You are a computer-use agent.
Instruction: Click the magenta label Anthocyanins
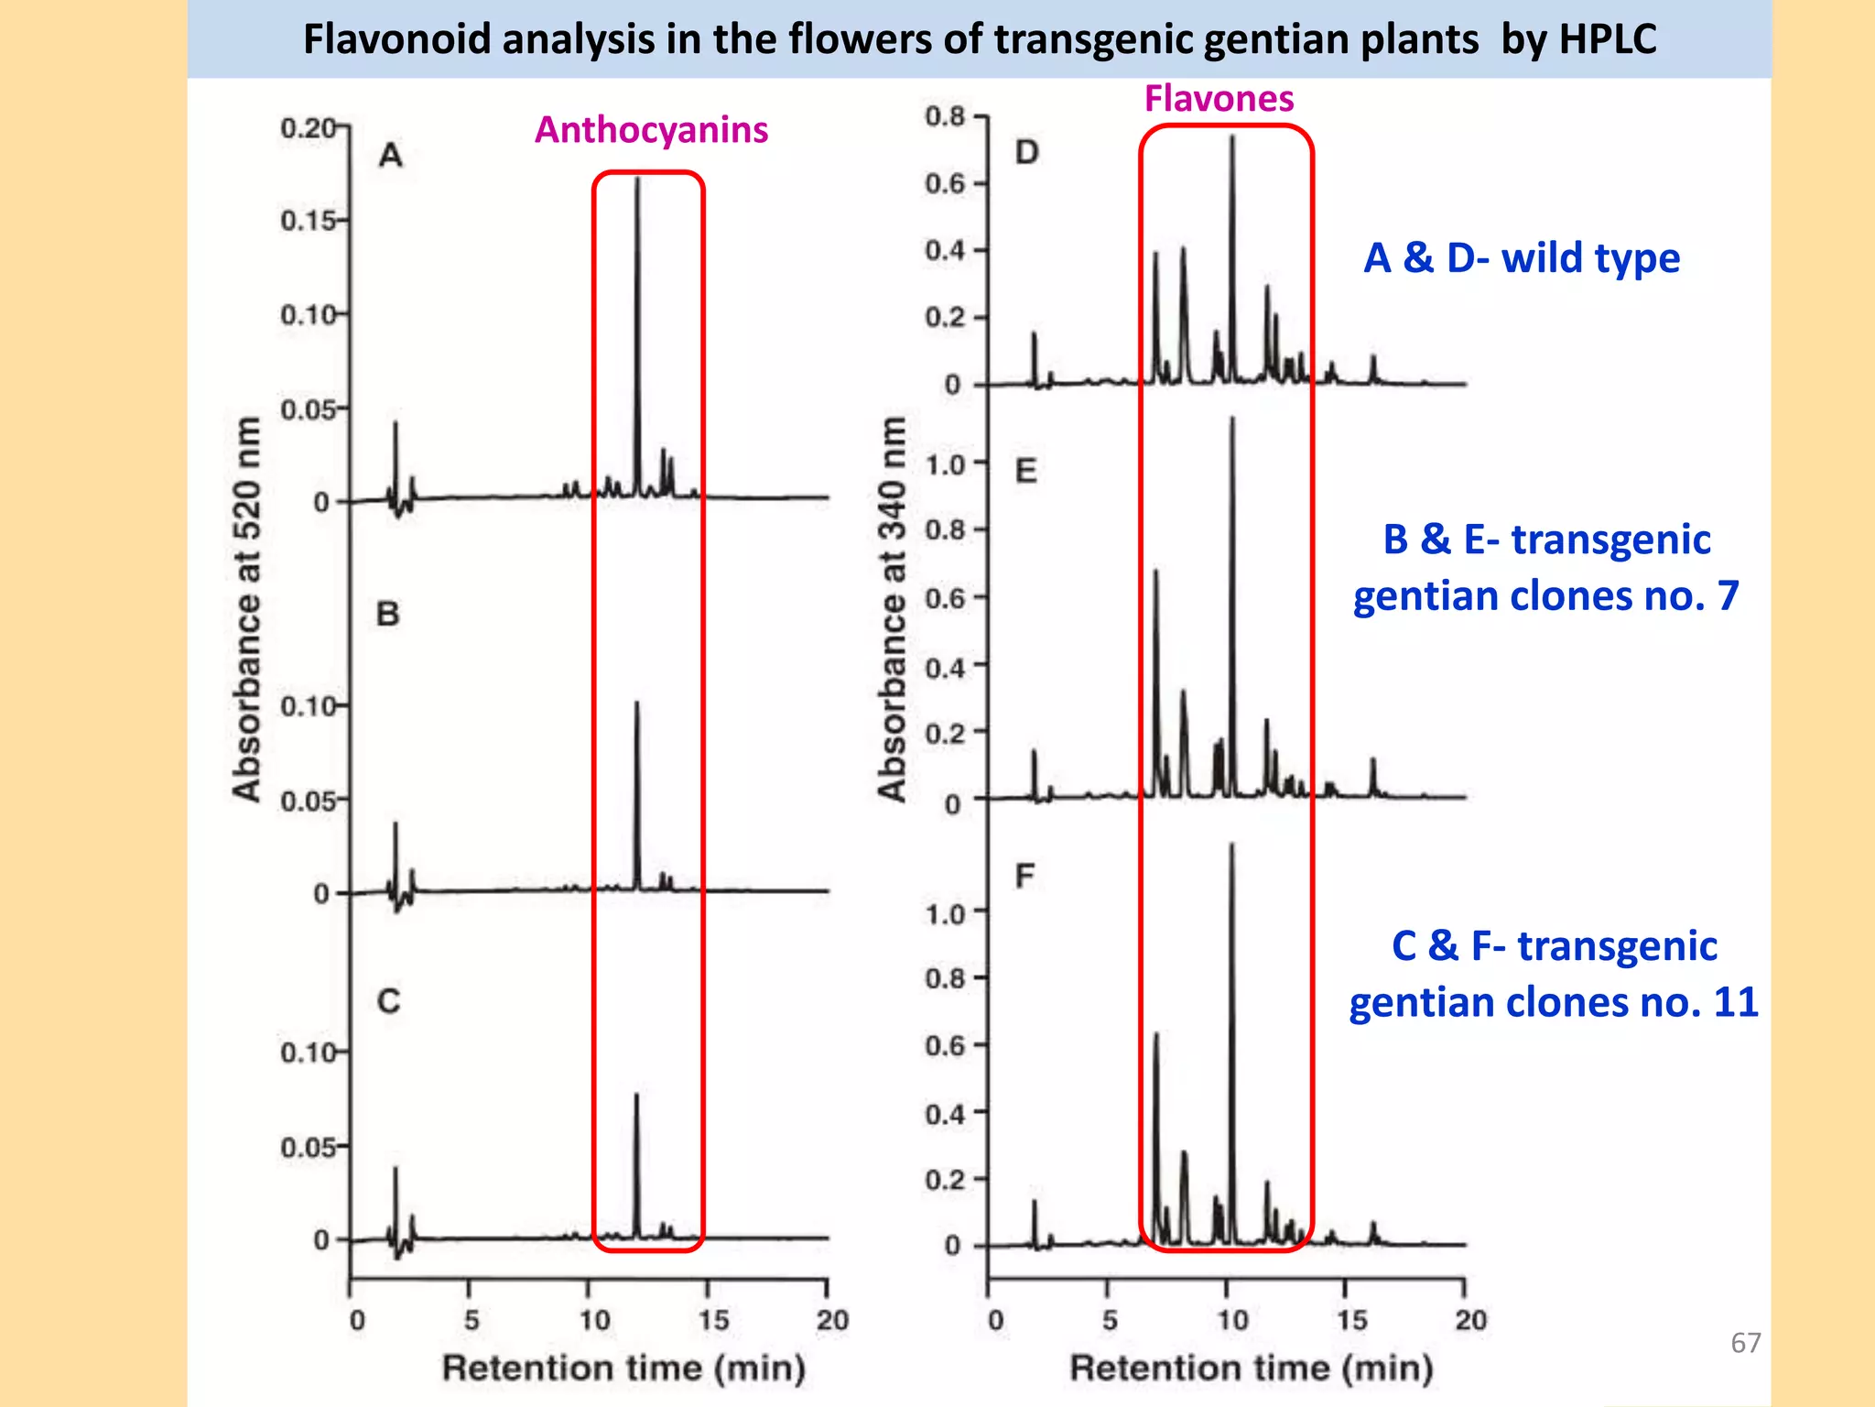point(651,130)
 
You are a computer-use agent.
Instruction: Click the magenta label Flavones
point(1219,98)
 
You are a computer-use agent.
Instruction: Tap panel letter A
point(391,156)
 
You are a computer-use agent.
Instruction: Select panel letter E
point(1025,471)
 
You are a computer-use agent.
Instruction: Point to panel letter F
point(1024,877)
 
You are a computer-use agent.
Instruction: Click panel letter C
point(388,1001)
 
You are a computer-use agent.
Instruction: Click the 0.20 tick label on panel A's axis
point(309,128)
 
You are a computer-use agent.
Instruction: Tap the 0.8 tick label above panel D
point(945,116)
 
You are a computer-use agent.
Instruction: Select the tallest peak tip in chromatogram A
point(637,180)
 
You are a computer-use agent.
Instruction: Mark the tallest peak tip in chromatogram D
point(1232,137)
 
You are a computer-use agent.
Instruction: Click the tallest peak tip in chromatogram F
point(1232,845)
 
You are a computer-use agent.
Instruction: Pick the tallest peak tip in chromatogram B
point(636,703)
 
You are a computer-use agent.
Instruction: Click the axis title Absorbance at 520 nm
point(246,609)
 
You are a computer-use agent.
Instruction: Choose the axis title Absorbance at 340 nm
point(892,609)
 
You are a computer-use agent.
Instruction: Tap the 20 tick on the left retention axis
point(831,1320)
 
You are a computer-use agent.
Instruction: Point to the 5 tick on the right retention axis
point(1110,1320)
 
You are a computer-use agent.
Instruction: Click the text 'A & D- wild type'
point(1521,258)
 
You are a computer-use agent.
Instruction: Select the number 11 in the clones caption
point(1735,1002)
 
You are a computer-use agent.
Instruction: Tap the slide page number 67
point(1745,1343)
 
